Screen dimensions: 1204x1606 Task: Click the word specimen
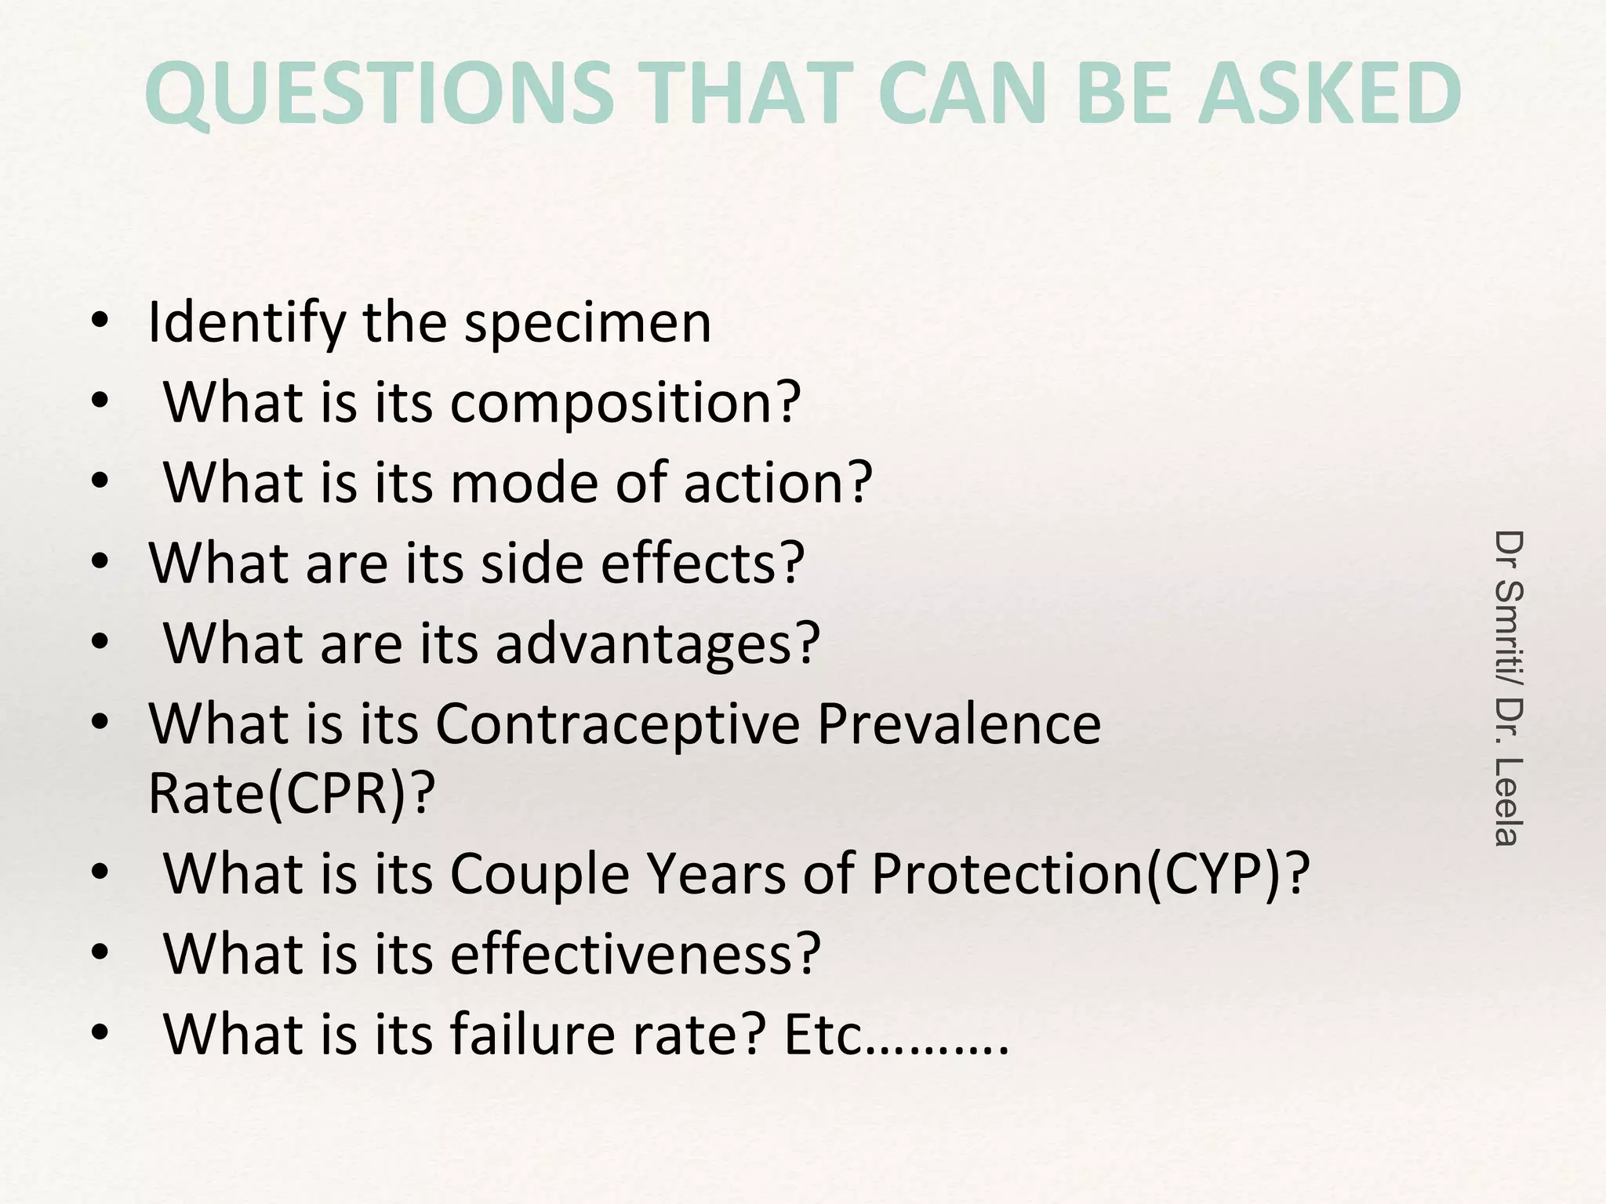(x=587, y=323)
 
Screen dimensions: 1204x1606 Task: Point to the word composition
(x=625, y=403)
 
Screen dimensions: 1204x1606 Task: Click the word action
(x=777, y=483)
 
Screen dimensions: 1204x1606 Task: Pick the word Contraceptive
(x=617, y=723)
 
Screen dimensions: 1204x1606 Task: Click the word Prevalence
(x=958, y=723)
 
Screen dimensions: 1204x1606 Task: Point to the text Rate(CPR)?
(x=291, y=794)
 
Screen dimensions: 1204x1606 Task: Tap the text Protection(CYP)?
(x=1090, y=874)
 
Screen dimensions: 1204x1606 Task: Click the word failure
(x=536, y=1035)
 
